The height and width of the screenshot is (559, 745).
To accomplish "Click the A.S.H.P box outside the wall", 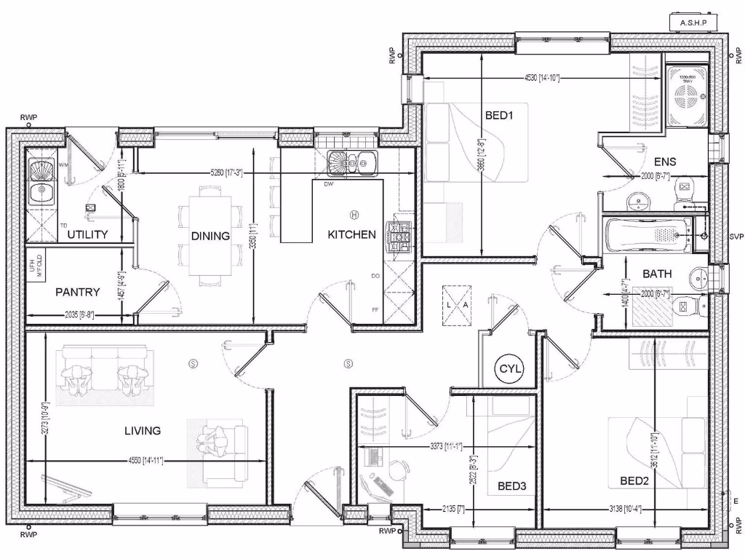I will point(693,23).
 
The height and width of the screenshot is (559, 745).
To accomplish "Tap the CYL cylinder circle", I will point(510,369).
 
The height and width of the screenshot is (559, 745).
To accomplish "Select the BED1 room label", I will point(499,114).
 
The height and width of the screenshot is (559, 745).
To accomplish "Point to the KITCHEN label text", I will point(351,234).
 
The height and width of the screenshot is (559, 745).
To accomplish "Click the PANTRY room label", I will point(77,292).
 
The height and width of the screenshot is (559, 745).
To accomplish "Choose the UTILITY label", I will point(87,234).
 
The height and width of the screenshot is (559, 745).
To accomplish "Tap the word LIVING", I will point(143,430).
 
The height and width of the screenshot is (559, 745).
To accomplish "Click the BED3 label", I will point(511,485).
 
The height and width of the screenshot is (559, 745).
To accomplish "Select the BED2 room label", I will point(634,480).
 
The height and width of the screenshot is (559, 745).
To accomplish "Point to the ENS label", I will point(664,162).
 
